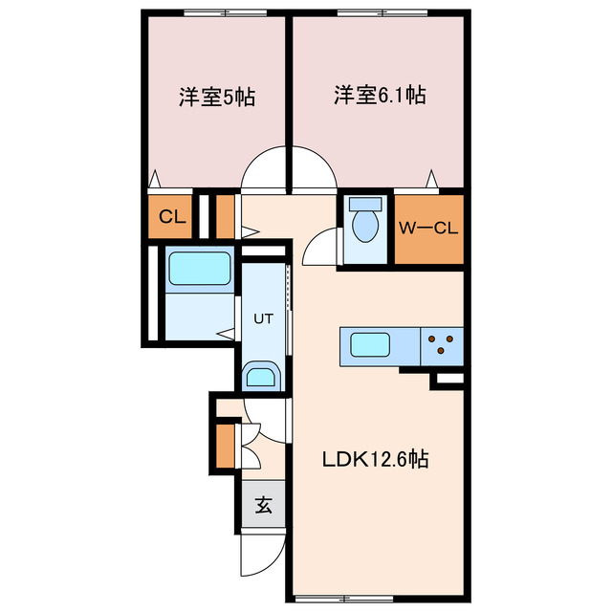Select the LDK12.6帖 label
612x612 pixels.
click(374, 460)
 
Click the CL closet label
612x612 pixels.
click(172, 217)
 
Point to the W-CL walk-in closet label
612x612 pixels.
click(429, 228)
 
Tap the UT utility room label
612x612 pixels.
click(263, 319)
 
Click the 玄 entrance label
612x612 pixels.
click(263, 505)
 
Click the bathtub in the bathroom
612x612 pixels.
click(200, 269)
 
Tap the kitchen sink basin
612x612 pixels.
click(367, 344)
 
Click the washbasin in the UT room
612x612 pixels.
click(260, 376)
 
